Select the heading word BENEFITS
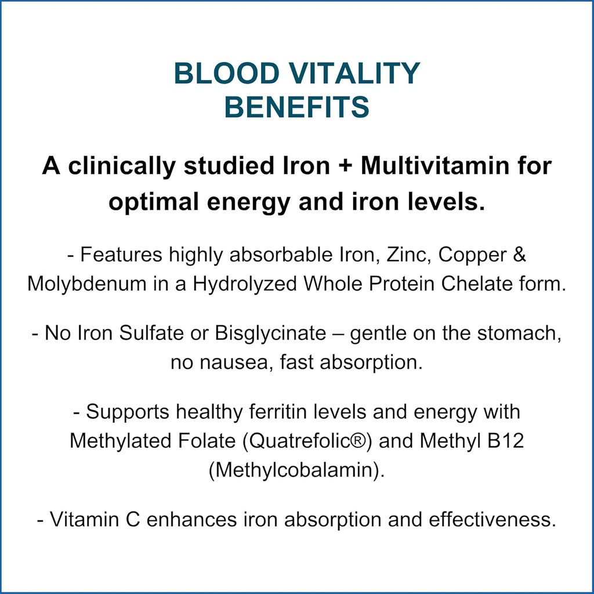(297, 107)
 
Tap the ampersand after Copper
(520, 256)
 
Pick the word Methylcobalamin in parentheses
(296, 470)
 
